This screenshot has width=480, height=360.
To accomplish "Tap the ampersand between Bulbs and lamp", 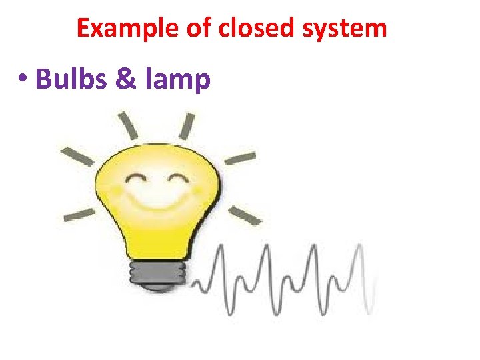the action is coord(125,79).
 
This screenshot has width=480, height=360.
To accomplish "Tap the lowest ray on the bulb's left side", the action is coord(79,215).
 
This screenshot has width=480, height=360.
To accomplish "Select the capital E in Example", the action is coord(83,28).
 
